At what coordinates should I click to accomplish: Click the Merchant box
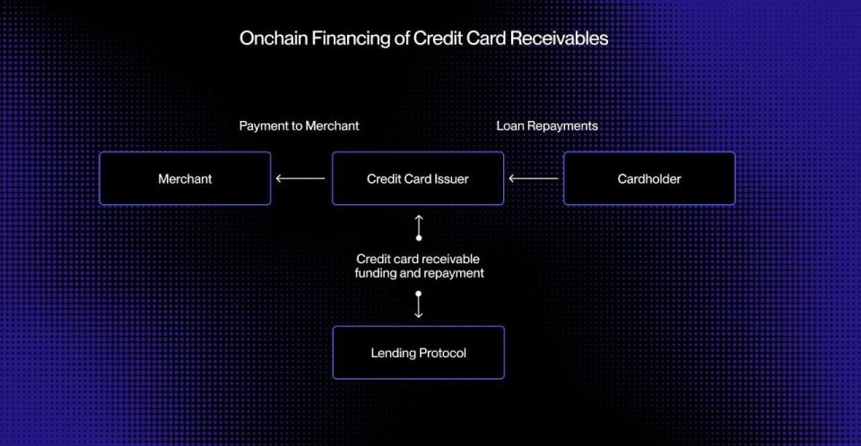[185, 178]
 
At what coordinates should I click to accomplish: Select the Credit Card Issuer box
[418, 178]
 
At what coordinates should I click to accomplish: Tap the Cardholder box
[649, 178]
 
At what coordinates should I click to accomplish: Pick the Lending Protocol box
[419, 352]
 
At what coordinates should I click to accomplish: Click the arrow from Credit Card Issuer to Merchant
[300, 178]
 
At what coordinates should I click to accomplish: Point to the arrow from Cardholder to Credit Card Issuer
[533, 178]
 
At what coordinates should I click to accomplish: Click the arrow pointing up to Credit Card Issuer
[419, 227]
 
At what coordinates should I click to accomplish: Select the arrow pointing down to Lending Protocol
[419, 304]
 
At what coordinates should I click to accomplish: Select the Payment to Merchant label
[299, 126]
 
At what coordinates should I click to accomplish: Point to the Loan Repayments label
[547, 126]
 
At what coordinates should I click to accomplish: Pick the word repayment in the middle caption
[453, 274]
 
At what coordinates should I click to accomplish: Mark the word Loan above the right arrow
[510, 126]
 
